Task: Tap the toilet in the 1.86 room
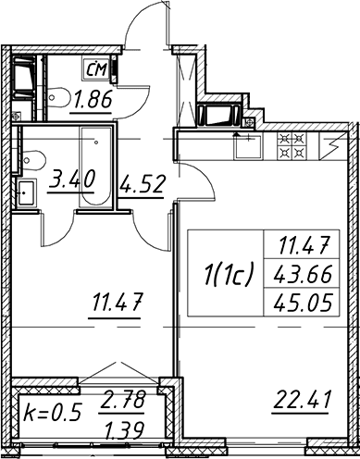pyautogui.click(x=57, y=98)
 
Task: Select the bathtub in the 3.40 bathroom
pyautogui.click(x=95, y=167)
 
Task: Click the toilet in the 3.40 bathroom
pyautogui.click(x=33, y=160)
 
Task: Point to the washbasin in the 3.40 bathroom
pyautogui.click(x=26, y=193)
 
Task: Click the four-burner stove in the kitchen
pyautogui.click(x=292, y=145)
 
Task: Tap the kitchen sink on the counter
pyautogui.click(x=248, y=146)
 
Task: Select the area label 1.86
pyautogui.click(x=91, y=101)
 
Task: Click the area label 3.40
pyautogui.click(x=72, y=180)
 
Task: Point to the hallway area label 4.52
pyautogui.click(x=142, y=185)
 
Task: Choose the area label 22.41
pyautogui.click(x=301, y=400)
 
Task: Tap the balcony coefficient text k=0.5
pyautogui.click(x=53, y=413)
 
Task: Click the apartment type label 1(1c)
pyautogui.click(x=229, y=272)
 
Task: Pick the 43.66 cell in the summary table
pyautogui.click(x=303, y=274)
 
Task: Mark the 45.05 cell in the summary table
pyautogui.click(x=303, y=302)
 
